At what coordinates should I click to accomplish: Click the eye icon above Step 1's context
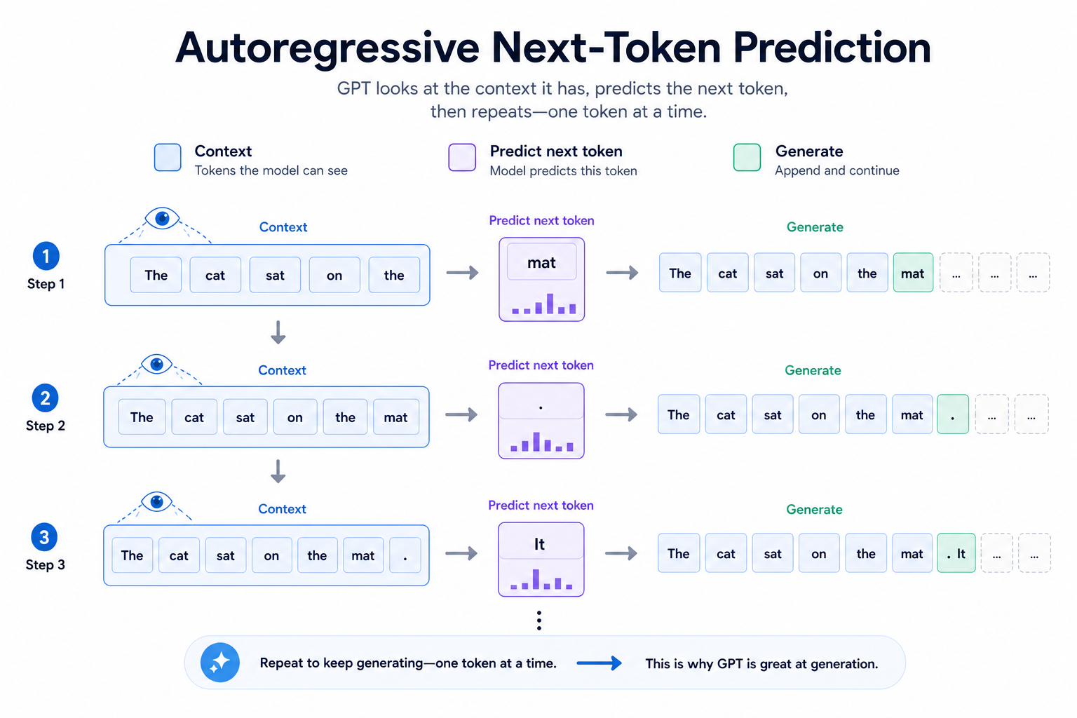point(162,219)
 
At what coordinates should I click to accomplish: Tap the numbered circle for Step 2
point(45,398)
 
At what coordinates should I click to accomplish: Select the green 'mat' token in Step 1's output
point(913,273)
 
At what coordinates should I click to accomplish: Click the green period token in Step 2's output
point(952,414)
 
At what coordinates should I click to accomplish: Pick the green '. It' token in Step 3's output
point(956,553)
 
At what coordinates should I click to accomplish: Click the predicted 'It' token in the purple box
point(539,544)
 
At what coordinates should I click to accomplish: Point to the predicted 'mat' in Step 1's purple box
point(541,262)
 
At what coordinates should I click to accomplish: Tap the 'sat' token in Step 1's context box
point(275,275)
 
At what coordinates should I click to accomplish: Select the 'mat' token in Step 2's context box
point(395,417)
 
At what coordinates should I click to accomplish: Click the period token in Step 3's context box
point(405,555)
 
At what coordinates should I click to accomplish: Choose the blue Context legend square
point(168,157)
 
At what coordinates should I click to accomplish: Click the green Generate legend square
point(747,157)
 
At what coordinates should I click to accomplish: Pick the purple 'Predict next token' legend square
point(462,157)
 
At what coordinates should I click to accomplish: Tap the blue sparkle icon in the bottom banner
point(219,663)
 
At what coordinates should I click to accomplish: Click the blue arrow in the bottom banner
point(599,663)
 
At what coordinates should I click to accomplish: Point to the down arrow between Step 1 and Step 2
point(278,332)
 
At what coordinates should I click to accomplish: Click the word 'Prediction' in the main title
point(832,48)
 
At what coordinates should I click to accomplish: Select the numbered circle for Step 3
point(44,536)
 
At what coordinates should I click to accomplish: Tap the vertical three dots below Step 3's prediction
point(539,621)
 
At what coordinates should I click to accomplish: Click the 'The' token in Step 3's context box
point(133,555)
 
